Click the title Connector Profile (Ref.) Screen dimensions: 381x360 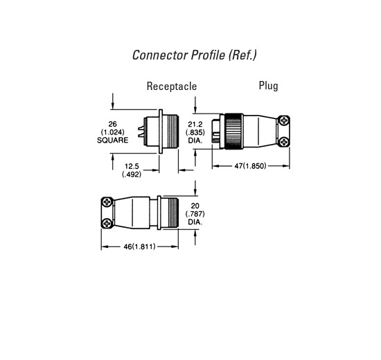tap(195, 55)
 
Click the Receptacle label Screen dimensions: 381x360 tap(172, 87)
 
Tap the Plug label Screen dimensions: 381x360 tap(268, 86)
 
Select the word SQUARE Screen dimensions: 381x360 tap(112, 140)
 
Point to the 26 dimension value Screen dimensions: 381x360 tap(112, 124)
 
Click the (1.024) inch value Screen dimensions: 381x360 tap(112, 132)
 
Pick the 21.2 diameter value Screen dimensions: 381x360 tap(195, 125)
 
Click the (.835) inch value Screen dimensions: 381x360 tap(195, 132)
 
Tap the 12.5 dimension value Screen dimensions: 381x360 tap(132, 166)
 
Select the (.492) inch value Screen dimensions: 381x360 tap(132, 174)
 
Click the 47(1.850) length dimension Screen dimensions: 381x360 tap(250, 166)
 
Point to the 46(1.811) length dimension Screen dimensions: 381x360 tap(139, 246)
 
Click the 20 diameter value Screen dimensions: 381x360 tap(195, 206)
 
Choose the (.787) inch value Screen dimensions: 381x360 tap(195, 214)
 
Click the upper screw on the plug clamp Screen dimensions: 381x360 tap(283, 120)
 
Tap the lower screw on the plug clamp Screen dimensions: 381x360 tap(283, 141)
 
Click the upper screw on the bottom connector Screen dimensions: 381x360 tap(107, 202)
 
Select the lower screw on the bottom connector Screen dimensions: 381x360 tap(107, 223)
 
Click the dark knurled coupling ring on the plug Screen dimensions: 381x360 tap(233, 131)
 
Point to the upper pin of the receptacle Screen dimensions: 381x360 tap(141, 128)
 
